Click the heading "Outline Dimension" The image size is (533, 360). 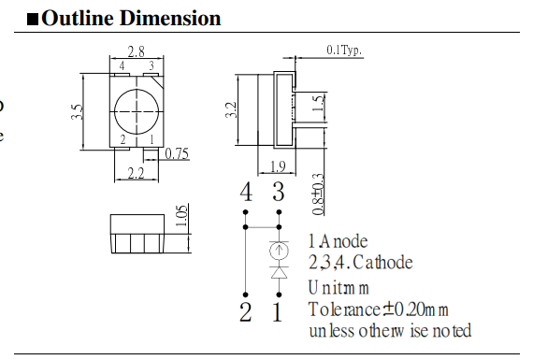pyautogui.click(x=131, y=18)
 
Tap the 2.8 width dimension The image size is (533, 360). pyautogui.click(x=136, y=52)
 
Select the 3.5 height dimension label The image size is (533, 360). pyautogui.click(x=77, y=112)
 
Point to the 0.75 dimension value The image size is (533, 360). pyautogui.click(x=177, y=153)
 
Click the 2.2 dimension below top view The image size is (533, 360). pyautogui.click(x=137, y=173)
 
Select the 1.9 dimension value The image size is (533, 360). pyautogui.click(x=278, y=167)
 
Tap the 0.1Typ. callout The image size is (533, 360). pyautogui.click(x=344, y=50)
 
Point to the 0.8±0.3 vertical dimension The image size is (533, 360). pyautogui.click(x=318, y=191)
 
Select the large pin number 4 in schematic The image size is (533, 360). pyautogui.click(x=246, y=194)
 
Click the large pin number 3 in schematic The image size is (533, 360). pyautogui.click(x=278, y=194)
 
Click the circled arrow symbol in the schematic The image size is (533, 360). pyautogui.click(x=278, y=250)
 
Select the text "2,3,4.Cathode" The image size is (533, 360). pyautogui.click(x=360, y=263)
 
